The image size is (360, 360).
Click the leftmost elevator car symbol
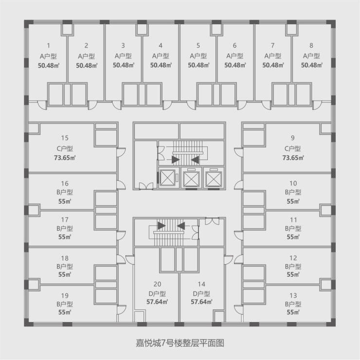168,178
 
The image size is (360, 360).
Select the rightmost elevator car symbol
214,178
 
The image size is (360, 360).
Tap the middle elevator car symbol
191,178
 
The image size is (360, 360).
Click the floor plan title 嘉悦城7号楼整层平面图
180,342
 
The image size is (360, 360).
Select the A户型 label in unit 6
235,56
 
